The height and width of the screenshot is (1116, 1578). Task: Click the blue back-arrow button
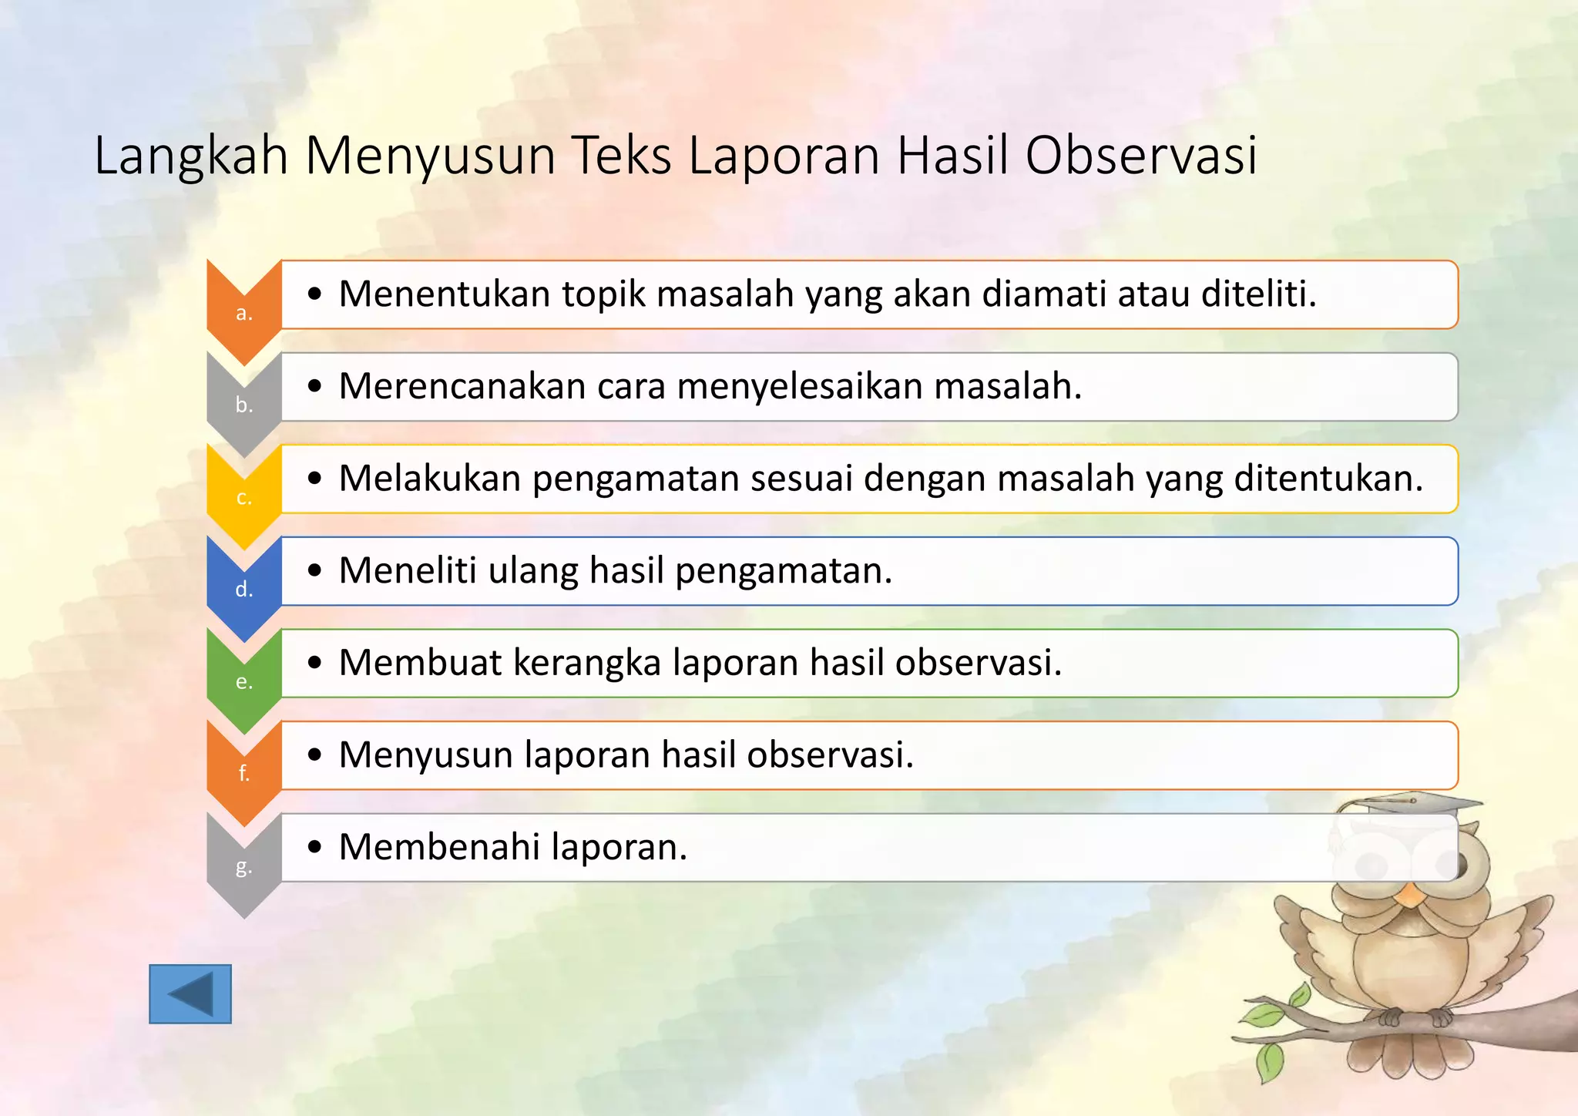[190, 993]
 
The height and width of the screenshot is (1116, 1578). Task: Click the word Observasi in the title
[1141, 156]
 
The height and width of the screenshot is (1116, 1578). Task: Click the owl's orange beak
[1411, 895]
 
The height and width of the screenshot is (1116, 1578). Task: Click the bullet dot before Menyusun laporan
[314, 755]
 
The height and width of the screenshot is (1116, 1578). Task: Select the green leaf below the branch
[1270, 1061]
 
